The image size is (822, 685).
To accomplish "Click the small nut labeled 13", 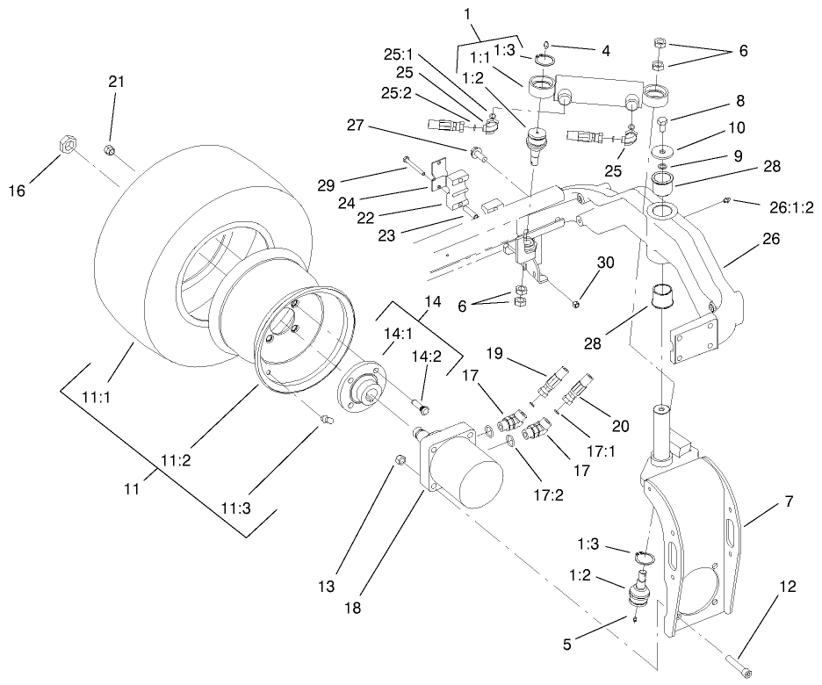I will (x=400, y=459).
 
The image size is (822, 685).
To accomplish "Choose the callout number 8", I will (x=717, y=101).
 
